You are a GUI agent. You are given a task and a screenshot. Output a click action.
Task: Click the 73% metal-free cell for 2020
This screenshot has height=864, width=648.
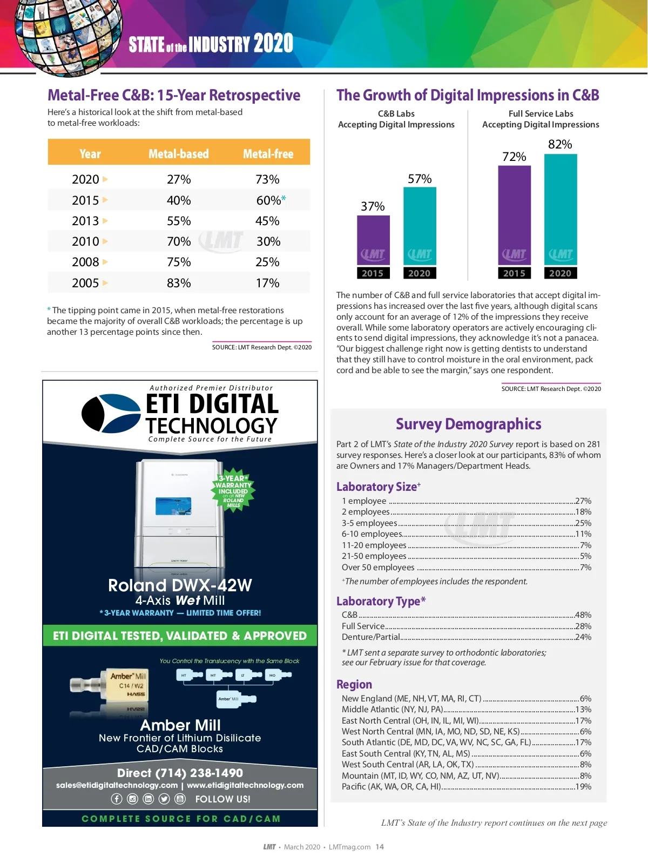point(267,179)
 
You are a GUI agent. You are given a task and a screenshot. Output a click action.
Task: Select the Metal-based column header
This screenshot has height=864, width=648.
point(178,154)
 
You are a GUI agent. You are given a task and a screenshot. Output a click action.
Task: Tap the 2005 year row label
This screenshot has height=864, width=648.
point(85,283)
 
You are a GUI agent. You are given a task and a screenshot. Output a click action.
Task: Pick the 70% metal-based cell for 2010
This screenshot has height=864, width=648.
point(179,241)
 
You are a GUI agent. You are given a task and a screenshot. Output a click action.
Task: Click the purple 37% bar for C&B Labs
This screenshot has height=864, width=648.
point(373,240)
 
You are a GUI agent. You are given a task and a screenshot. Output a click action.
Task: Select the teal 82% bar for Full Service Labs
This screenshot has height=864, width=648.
point(560,211)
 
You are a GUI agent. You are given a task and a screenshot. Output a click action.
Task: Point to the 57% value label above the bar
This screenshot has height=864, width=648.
point(420,179)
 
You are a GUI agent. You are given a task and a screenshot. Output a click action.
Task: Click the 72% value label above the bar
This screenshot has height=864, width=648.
point(514,157)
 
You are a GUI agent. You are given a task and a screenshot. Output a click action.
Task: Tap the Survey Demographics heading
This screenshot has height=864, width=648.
point(468,424)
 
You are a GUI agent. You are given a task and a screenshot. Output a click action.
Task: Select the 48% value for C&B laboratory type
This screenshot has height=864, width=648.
point(583,615)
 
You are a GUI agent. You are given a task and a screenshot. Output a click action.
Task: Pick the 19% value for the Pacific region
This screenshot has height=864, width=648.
point(583,787)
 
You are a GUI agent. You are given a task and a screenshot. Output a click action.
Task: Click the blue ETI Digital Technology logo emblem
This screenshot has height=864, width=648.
point(111,413)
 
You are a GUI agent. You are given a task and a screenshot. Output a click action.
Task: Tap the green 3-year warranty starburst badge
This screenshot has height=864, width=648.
point(233,490)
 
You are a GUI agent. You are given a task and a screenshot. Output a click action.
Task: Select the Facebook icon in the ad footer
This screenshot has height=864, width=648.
point(117,799)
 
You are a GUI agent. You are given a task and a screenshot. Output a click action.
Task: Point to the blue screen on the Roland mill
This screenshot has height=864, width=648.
point(173,505)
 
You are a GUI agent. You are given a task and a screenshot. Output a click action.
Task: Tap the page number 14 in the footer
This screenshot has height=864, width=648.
point(380,847)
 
